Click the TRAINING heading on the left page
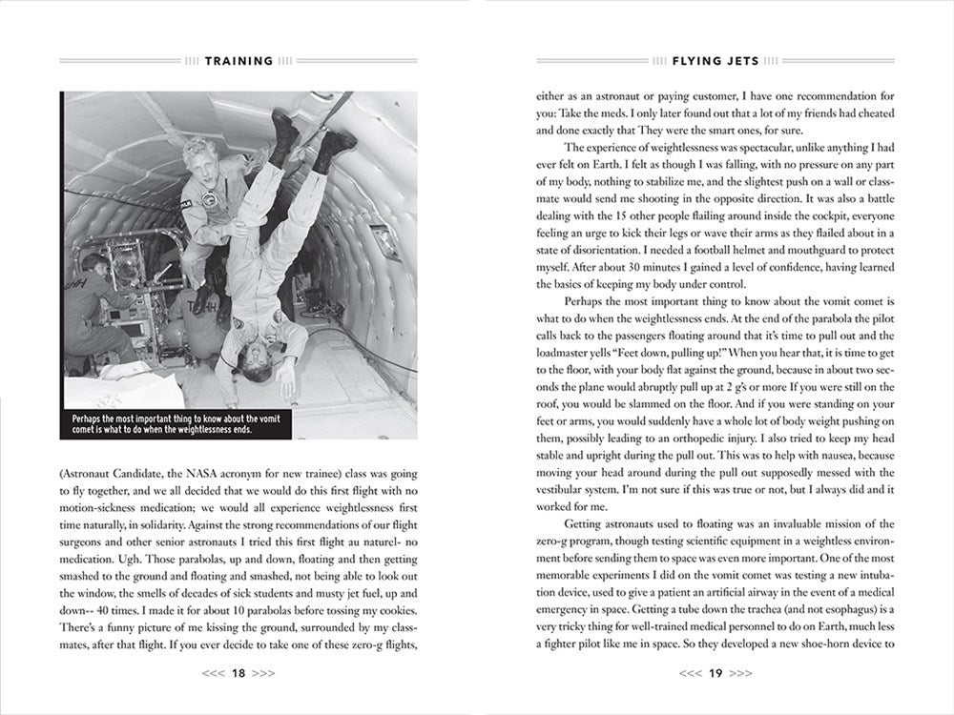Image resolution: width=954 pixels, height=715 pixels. click(x=238, y=61)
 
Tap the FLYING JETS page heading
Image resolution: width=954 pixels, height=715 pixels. click(x=715, y=61)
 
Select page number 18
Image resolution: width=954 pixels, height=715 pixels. click(x=238, y=673)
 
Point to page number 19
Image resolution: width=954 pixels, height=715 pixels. click(x=715, y=673)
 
